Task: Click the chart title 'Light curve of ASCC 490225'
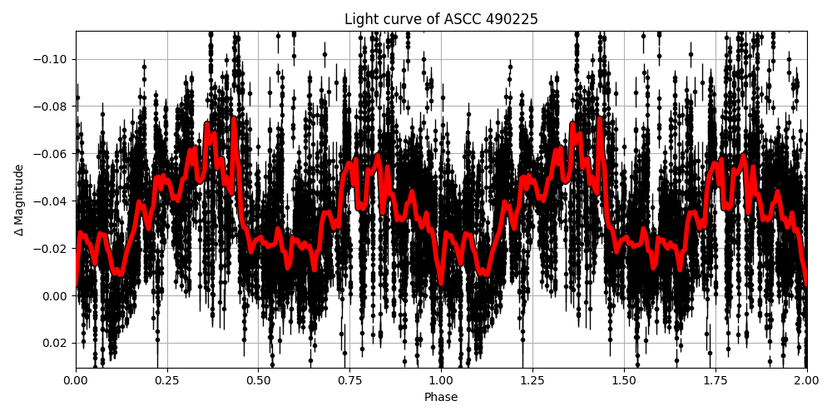coord(441,19)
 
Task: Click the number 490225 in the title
coord(515,19)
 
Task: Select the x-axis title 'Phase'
coord(441,398)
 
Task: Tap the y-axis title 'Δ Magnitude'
coord(19,200)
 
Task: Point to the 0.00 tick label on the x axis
coord(76,380)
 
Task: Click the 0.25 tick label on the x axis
coord(167,380)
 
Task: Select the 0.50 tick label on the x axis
coord(258,380)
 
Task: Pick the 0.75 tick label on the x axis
coord(349,380)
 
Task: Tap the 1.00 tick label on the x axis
coord(441,380)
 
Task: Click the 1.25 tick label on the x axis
coord(532,380)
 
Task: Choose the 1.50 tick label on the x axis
coord(624,380)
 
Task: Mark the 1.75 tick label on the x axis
coord(715,380)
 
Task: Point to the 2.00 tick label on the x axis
coord(806,380)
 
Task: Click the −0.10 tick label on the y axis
coord(52,59)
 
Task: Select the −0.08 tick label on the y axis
coord(52,106)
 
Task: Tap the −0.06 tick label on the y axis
coord(52,154)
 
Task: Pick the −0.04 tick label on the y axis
coord(52,201)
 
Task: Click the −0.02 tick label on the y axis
coord(52,249)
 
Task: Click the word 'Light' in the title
coord(359,19)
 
